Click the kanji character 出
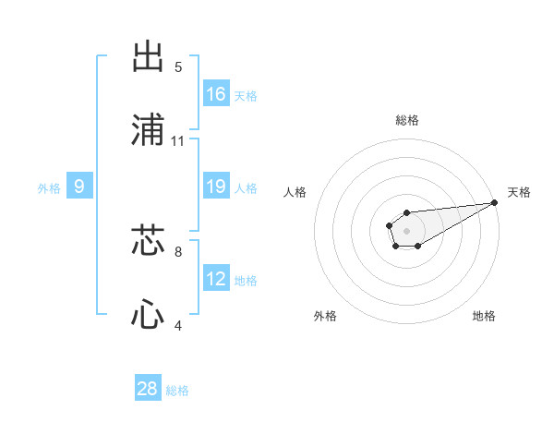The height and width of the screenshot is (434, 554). (x=149, y=56)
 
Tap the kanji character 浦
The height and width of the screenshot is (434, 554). (x=149, y=130)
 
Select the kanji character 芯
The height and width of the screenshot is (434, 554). (x=149, y=239)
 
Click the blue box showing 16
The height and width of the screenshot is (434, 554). (x=216, y=94)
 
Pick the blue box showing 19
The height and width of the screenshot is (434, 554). (x=216, y=187)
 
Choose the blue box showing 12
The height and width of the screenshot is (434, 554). (x=216, y=279)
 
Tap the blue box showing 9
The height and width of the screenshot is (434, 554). (x=79, y=187)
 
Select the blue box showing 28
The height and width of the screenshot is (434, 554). (x=148, y=389)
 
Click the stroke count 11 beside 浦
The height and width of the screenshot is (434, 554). (x=178, y=141)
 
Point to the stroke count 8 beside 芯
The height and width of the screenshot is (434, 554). (x=178, y=250)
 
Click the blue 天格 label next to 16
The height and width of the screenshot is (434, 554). (x=246, y=95)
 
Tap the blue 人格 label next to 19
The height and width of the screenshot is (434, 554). (x=246, y=187)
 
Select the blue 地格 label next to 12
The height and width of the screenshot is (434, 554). (x=246, y=280)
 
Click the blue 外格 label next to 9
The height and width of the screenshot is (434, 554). (x=49, y=187)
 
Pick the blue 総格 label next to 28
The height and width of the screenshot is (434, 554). (x=177, y=390)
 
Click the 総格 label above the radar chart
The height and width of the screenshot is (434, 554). (x=407, y=120)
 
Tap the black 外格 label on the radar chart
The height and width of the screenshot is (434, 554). (x=325, y=316)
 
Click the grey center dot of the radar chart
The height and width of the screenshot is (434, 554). (x=406, y=229)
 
